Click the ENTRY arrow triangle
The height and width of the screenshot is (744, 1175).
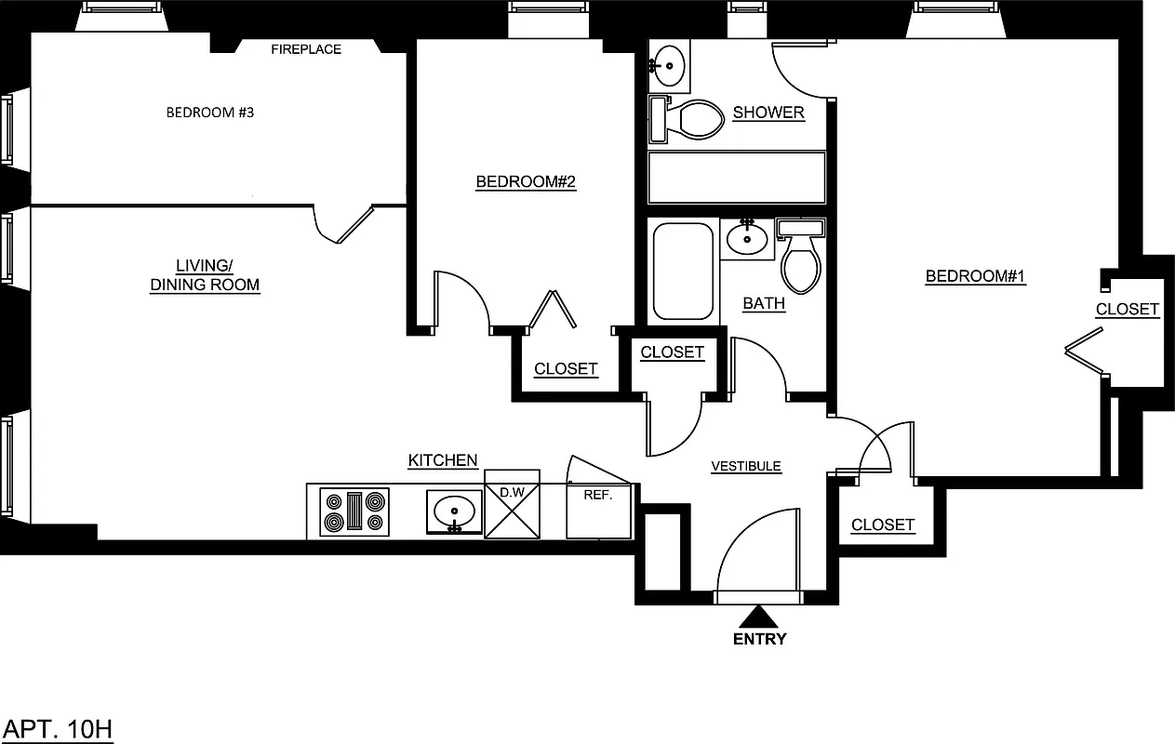point(760,617)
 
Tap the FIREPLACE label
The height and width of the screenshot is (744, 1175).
point(306,49)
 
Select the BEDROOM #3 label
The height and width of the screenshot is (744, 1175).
point(210,113)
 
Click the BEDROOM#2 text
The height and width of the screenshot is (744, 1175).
point(526,182)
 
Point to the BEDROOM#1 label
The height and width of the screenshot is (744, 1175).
point(975,276)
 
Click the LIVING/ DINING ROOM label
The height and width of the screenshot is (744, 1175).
point(205,275)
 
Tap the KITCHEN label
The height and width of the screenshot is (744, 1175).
point(443,460)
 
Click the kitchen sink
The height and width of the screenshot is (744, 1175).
point(455,512)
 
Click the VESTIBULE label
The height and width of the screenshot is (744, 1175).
point(746,467)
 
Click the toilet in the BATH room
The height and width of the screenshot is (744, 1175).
point(801,256)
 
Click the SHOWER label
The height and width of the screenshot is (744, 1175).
point(768,113)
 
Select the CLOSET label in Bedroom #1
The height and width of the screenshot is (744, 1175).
point(1127,309)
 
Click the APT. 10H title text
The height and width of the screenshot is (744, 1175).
point(59,728)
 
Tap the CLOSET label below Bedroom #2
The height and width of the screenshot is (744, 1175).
point(566,369)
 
